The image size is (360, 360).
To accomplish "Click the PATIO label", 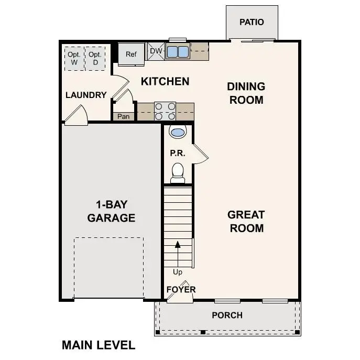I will click(x=252, y=22).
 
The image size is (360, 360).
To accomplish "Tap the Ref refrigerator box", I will click(x=130, y=54).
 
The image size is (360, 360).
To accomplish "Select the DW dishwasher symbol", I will click(x=156, y=51).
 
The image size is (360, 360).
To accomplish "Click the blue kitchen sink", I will click(x=178, y=51).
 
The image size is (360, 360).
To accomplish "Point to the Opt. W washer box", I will click(x=74, y=58).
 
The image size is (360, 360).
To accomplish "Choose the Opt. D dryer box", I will click(x=95, y=58).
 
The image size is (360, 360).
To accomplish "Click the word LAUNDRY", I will click(x=86, y=95).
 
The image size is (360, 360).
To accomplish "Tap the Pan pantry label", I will click(x=124, y=116).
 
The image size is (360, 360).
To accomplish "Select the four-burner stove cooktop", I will click(x=165, y=111).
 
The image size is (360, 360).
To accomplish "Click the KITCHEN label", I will click(x=165, y=81).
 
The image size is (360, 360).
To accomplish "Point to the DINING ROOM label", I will click(x=246, y=93).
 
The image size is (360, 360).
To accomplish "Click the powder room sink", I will click(x=178, y=132).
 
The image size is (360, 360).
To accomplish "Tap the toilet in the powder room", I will click(x=178, y=172).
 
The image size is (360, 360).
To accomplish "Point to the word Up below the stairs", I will click(x=178, y=272).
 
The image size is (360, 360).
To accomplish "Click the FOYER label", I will click(x=181, y=289).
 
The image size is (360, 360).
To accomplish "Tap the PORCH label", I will click(x=227, y=315).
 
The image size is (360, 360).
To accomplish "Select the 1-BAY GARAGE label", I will click(x=111, y=211).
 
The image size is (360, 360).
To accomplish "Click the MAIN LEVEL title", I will click(x=99, y=345).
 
